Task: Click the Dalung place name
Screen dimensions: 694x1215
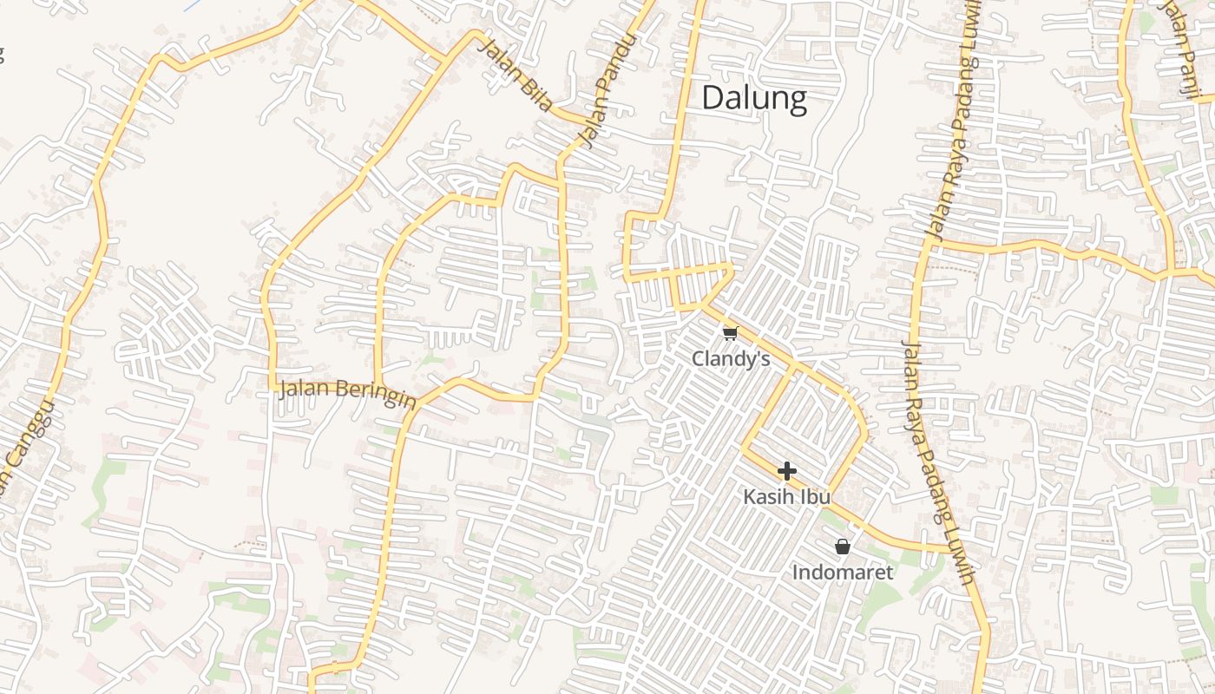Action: point(753,98)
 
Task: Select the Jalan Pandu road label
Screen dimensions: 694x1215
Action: point(606,90)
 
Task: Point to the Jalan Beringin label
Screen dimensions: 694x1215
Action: point(347,393)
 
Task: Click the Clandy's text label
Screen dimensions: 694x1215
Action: point(731,358)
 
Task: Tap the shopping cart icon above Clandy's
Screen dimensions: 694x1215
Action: point(730,333)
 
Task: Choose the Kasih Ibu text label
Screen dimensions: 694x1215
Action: point(786,497)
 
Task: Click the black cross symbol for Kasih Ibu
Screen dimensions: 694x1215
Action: point(787,471)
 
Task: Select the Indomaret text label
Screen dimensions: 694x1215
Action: point(842,573)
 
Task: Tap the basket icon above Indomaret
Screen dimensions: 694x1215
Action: point(842,547)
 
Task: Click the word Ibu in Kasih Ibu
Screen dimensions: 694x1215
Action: point(815,497)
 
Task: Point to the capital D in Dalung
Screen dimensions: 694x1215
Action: point(713,98)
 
